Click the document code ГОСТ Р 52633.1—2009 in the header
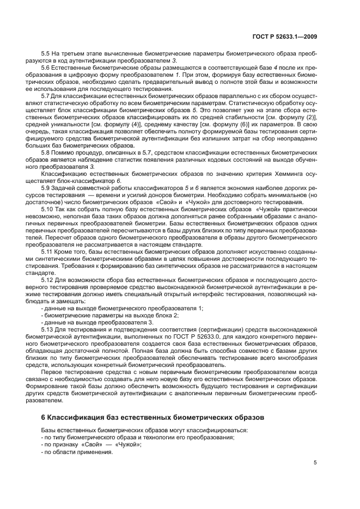click(287, 35)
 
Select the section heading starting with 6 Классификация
click(146, 418)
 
